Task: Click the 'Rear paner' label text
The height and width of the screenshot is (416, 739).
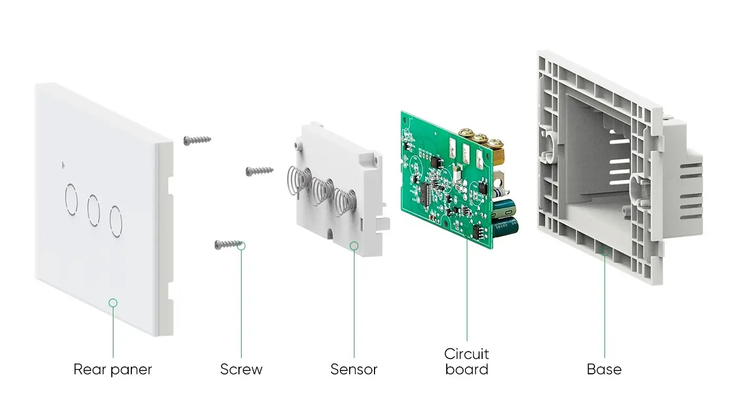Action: [112, 369]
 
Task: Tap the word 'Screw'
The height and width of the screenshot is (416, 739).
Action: [241, 369]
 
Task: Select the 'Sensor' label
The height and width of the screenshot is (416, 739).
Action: [353, 369]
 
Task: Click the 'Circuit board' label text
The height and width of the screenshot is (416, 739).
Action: [466, 361]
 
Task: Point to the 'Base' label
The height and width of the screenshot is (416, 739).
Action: [604, 369]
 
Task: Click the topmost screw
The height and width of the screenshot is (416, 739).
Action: [197, 140]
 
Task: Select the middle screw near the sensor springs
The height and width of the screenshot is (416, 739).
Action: [260, 171]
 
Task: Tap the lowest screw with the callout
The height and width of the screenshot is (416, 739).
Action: [228, 244]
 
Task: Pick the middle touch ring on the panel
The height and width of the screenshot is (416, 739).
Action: [93, 210]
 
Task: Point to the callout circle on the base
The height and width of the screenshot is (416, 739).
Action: [604, 252]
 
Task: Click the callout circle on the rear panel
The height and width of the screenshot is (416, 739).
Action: [112, 302]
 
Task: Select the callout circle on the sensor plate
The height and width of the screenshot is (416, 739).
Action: [354, 246]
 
